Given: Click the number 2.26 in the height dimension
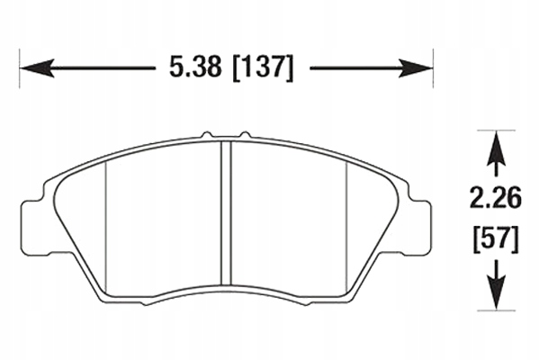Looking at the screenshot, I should (493, 196).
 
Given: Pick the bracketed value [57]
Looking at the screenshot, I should (493, 239).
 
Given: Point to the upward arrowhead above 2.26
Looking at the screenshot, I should (493, 148).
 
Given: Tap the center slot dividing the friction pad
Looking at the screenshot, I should (226, 216).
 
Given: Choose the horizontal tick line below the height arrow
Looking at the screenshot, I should (493, 309).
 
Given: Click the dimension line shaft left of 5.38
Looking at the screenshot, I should (99, 67).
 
